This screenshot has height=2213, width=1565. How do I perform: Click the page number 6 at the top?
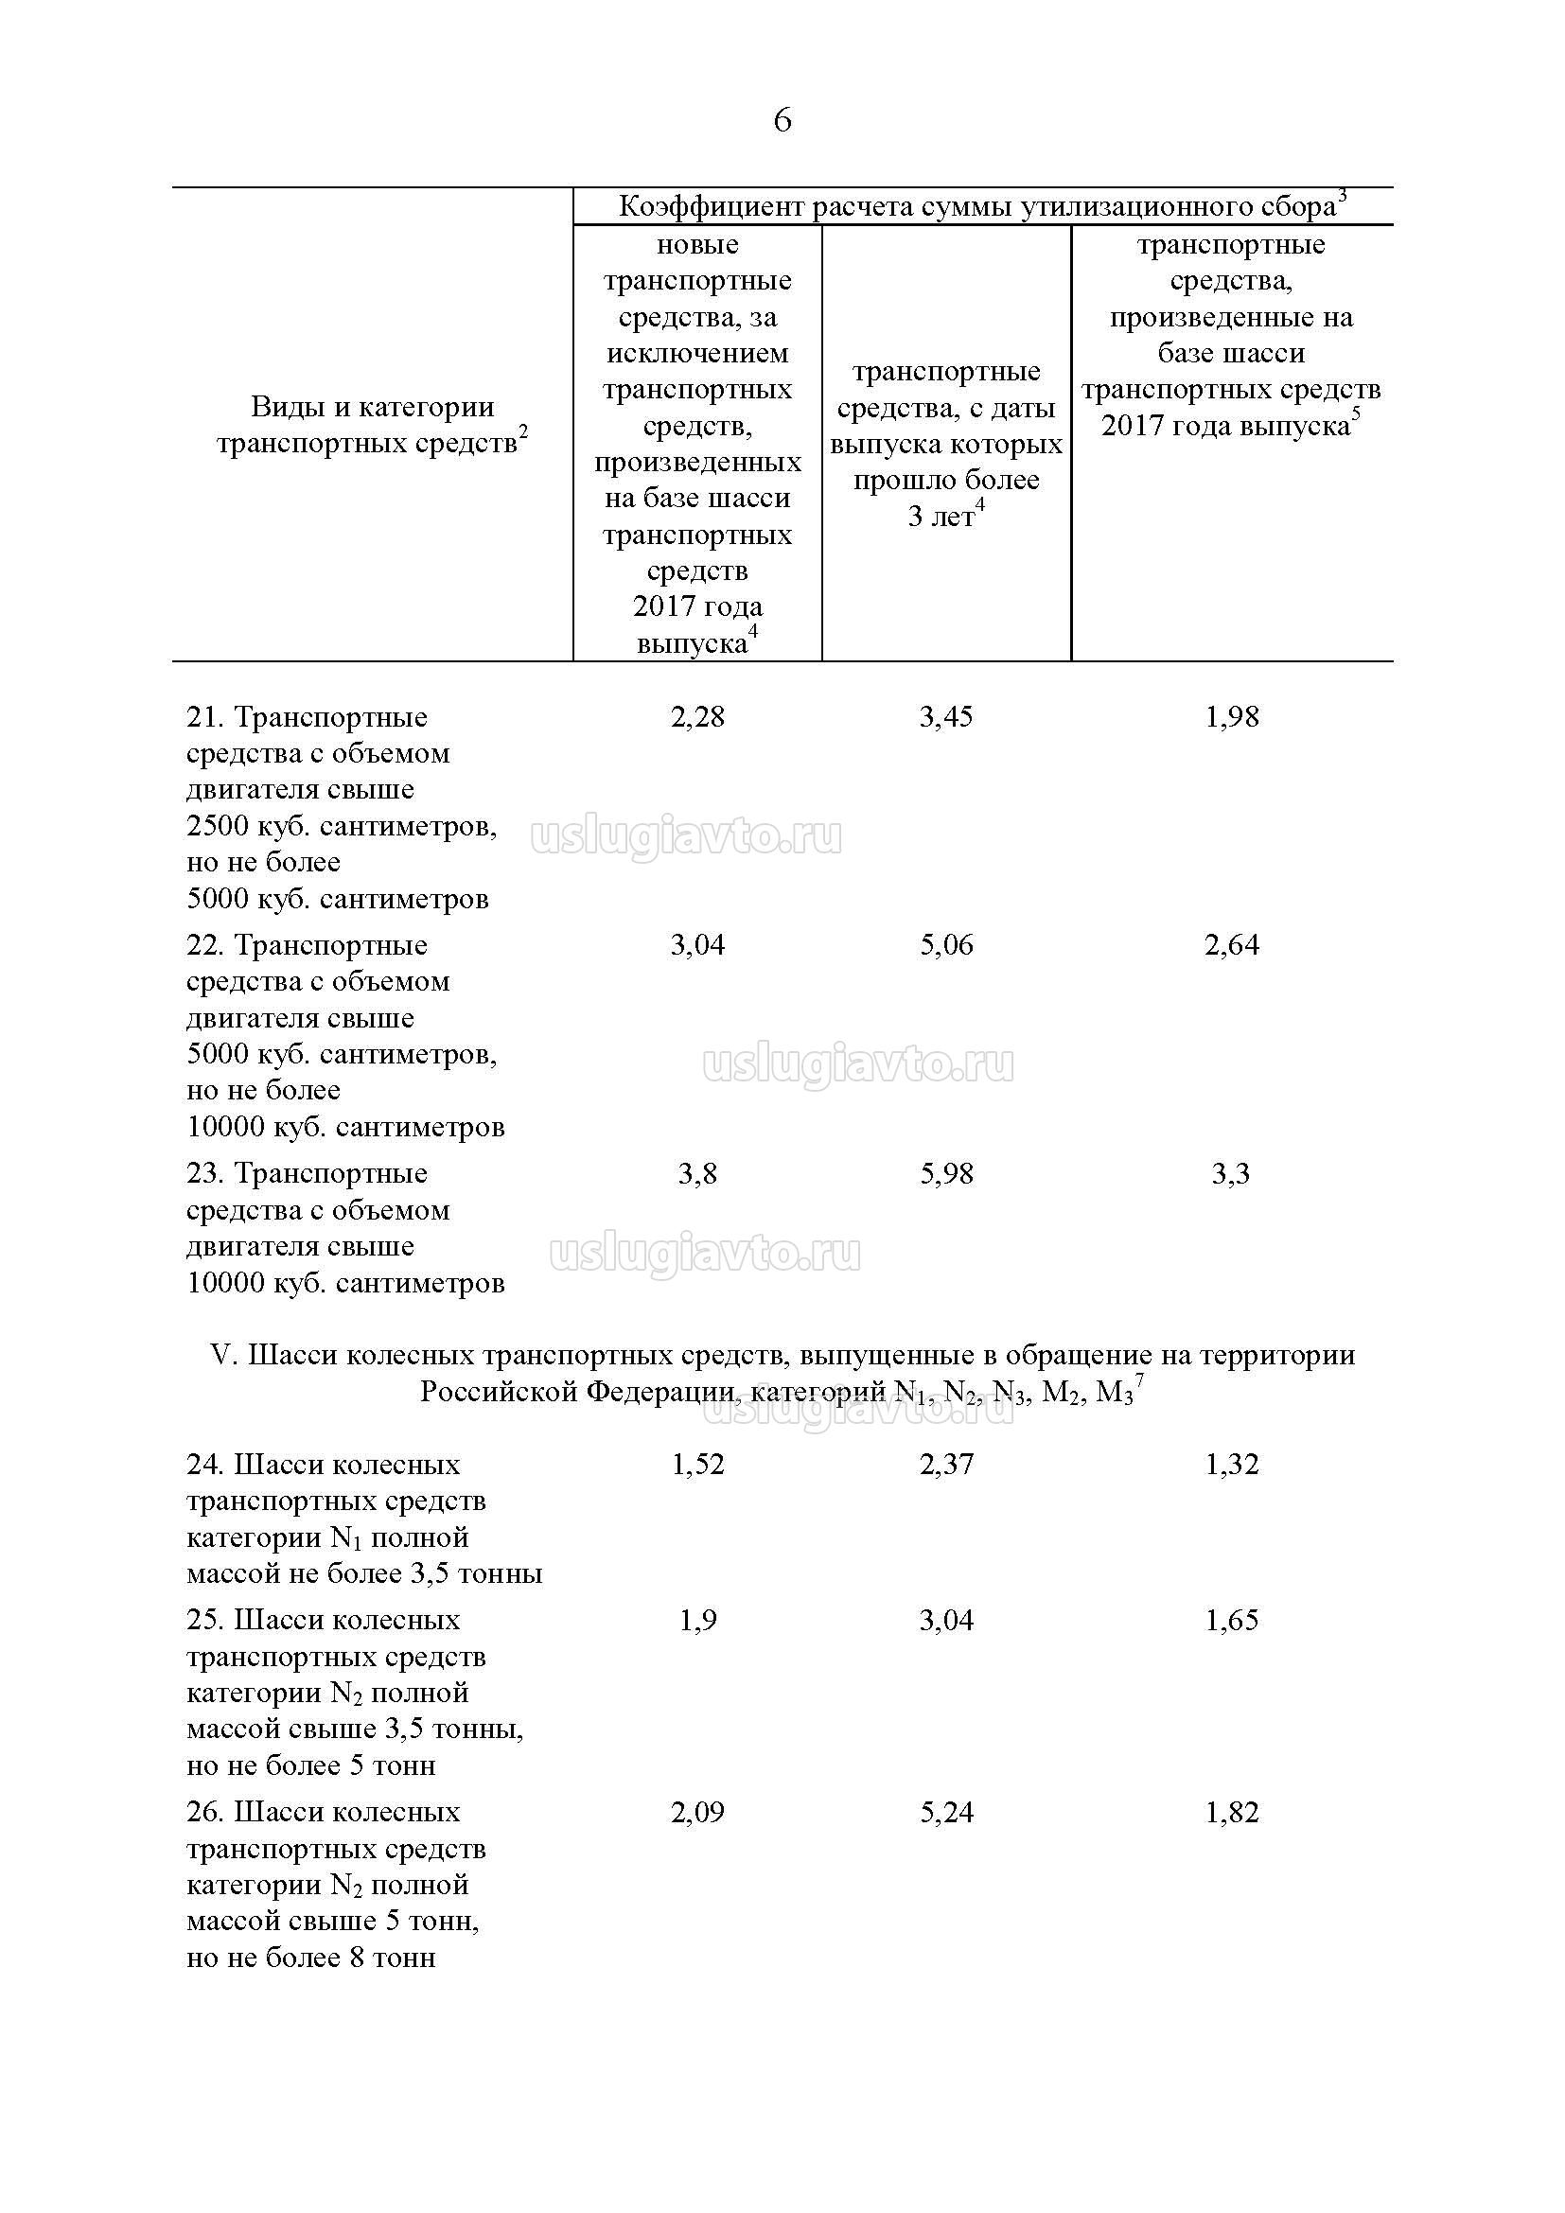click(x=782, y=120)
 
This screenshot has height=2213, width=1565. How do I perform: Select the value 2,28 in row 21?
click(x=696, y=716)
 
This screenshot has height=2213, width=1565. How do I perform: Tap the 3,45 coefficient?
click(x=945, y=716)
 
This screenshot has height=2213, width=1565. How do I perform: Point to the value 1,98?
click(x=1232, y=716)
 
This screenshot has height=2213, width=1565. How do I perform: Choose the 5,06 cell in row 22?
click(x=945, y=944)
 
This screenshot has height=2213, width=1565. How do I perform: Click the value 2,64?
click(x=1232, y=944)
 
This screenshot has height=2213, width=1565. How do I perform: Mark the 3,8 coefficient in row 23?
click(x=696, y=1173)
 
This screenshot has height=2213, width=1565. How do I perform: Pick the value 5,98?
click(x=945, y=1173)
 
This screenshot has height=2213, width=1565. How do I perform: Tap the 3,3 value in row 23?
click(x=1231, y=1173)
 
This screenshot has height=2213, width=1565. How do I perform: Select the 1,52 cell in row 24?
click(x=696, y=1464)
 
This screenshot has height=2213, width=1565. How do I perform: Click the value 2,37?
click(x=945, y=1464)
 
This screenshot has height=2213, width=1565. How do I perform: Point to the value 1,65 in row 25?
click(x=1232, y=1619)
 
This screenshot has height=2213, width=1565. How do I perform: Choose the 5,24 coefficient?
click(x=945, y=1812)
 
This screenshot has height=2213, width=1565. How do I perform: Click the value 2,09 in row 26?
click(x=696, y=1812)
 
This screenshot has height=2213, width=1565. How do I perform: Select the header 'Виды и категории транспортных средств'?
click(x=372, y=425)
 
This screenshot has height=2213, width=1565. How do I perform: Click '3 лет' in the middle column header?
click(x=941, y=517)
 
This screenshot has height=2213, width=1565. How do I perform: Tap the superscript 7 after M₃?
click(x=1139, y=1382)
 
